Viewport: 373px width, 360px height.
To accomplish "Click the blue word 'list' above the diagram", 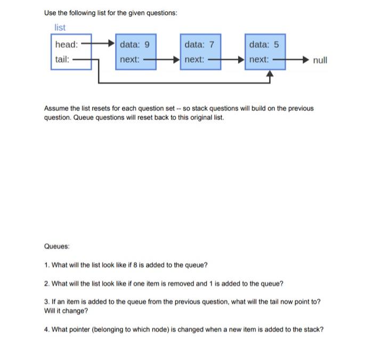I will pos(60,28).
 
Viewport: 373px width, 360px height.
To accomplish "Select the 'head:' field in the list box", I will pos(67,44).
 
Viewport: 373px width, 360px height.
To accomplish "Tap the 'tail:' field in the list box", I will pos(62,59).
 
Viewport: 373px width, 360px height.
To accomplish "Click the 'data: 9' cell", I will pos(135,44).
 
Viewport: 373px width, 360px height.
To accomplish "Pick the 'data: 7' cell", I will pos(199,44).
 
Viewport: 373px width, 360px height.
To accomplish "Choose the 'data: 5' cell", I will pos(264,44).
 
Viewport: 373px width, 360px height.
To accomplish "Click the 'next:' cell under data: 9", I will pos(130,59).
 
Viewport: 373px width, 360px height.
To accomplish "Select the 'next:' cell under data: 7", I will pos(194,59).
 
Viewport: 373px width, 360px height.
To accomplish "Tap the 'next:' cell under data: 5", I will pos(259,59).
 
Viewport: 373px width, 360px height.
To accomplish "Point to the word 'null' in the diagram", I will pos(320,60).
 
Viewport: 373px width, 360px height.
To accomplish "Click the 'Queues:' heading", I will pos(58,247).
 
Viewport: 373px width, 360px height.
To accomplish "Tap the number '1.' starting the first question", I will pos(47,265).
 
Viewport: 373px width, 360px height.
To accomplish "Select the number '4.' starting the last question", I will pos(47,329).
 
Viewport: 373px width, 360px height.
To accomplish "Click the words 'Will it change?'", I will pos(66,310).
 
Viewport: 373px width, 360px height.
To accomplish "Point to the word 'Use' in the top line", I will pos(50,12).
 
